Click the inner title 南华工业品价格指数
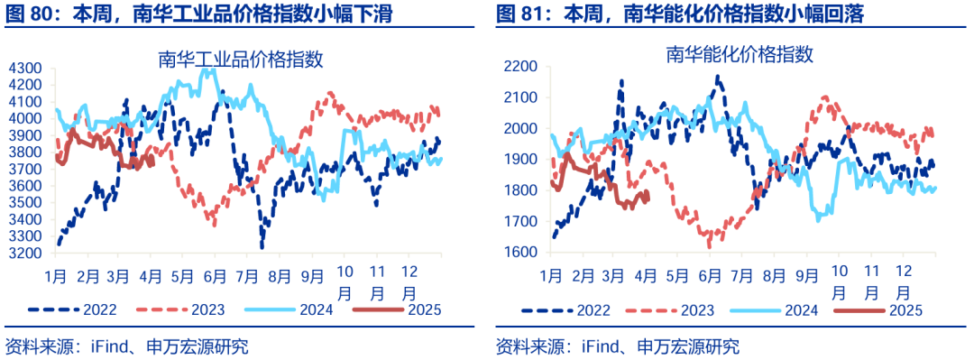point(241,60)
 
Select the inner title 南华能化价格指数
point(740,54)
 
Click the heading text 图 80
point(28,14)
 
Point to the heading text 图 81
point(518,14)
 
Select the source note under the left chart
point(126,346)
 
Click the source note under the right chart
point(617,346)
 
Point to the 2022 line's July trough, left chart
point(262,245)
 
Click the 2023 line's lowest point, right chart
point(709,245)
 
